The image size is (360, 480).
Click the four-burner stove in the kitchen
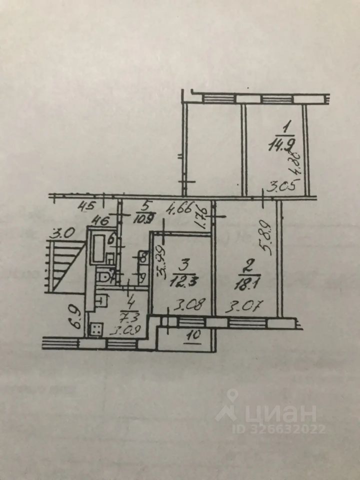(x=96, y=328)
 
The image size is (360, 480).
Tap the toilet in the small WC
(x=103, y=277)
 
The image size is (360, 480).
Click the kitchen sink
(x=100, y=300)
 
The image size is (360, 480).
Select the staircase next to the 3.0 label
(x=65, y=265)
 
